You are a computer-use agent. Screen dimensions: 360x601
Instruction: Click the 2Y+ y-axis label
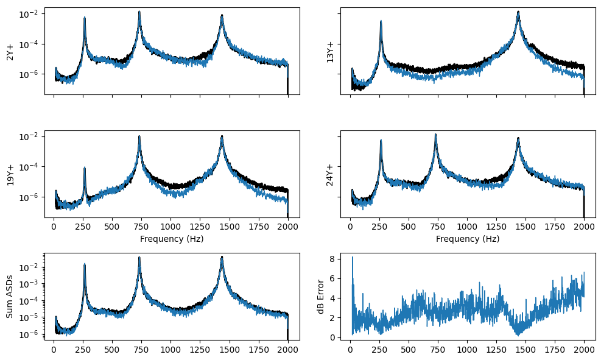[10, 51]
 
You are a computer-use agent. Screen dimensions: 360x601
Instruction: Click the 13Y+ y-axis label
[330, 51]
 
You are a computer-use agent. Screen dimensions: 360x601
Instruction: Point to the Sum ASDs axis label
[10, 295]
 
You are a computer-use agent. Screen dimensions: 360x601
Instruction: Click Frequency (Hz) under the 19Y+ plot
[172, 239]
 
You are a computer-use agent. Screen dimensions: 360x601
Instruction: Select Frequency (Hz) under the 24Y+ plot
[468, 239]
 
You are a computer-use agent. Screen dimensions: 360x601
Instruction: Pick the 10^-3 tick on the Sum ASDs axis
[30, 284]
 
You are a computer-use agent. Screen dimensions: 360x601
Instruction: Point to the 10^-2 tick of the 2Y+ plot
[30, 14]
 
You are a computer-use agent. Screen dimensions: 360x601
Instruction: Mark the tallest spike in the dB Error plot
[352, 258]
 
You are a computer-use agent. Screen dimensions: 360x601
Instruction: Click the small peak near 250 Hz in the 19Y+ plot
[85, 168]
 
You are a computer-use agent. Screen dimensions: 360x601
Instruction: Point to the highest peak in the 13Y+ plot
[518, 12]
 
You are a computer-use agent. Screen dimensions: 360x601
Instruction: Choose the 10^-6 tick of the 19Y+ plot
[30, 197]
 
